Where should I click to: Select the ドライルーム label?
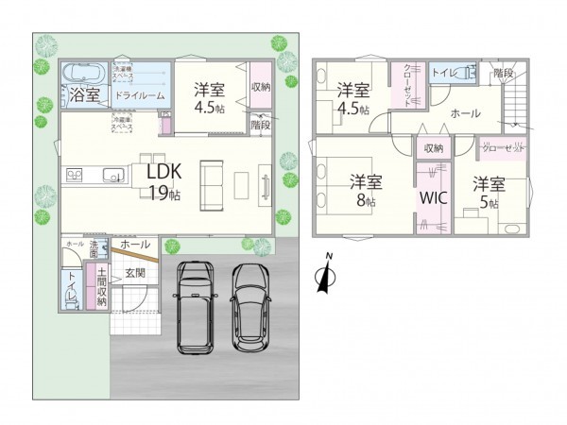point(140,95)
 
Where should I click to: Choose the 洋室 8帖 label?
point(364,189)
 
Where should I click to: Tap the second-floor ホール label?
point(464,113)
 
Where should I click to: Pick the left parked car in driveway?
point(196,305)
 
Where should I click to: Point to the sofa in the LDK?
point(211,181)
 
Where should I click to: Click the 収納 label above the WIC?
point(433,147)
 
